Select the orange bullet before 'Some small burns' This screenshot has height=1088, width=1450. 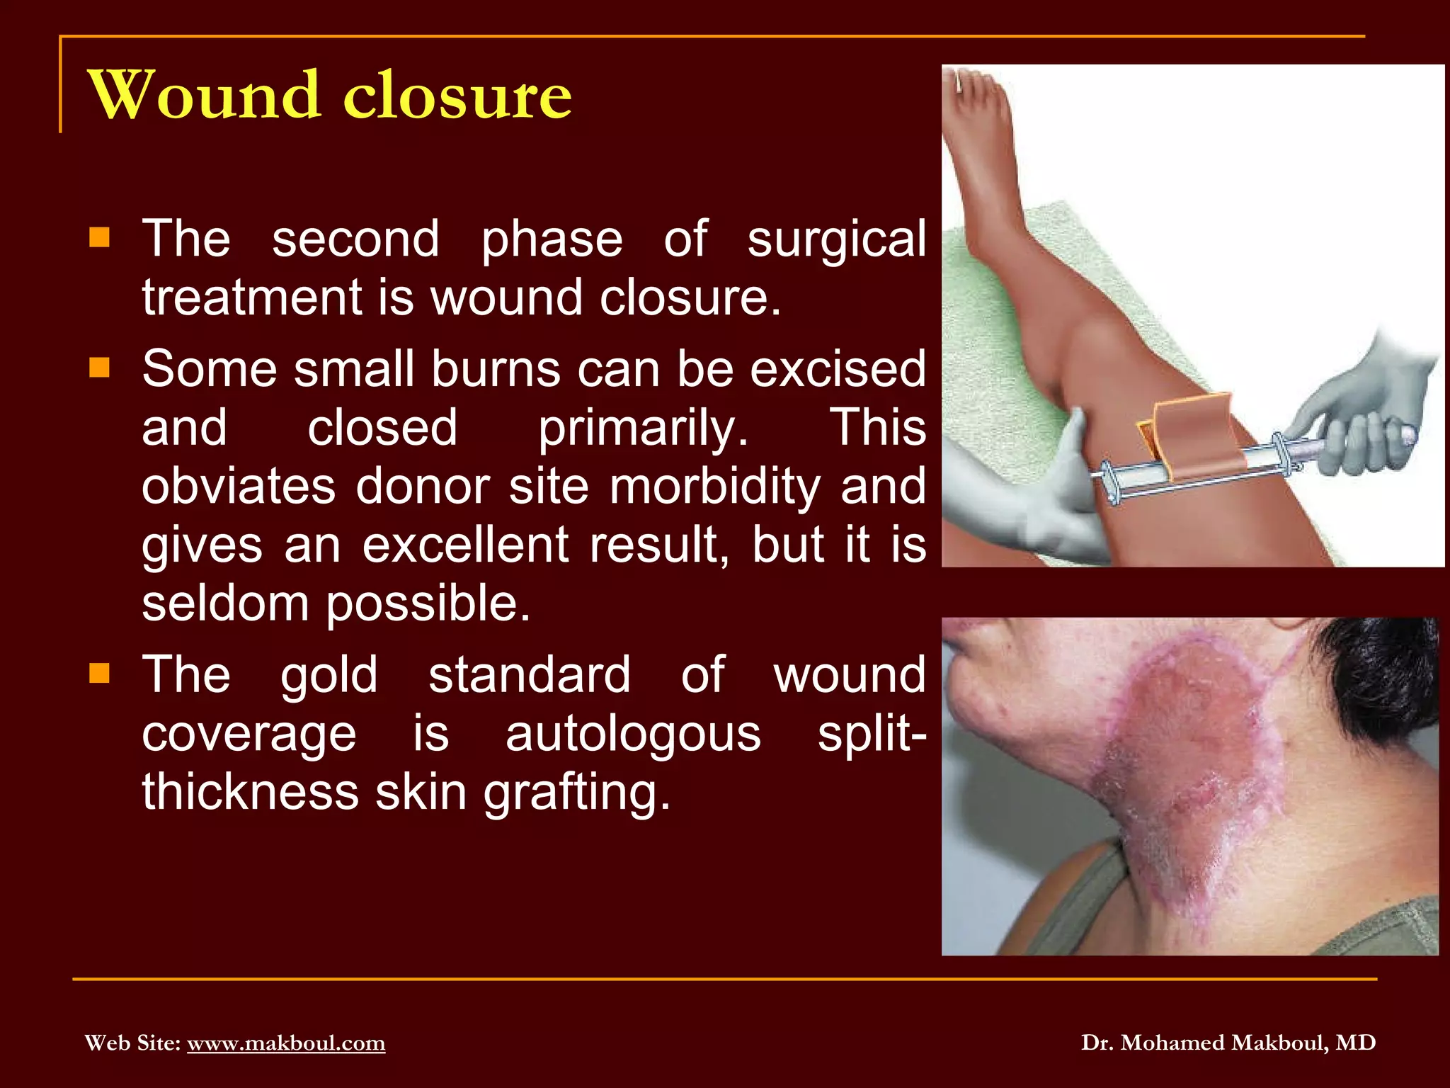(100, 368)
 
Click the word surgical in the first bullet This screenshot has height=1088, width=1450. (836, 239)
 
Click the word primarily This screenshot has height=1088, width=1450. (642, 429)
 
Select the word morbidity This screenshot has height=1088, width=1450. (714, 487)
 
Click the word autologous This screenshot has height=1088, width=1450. (633, 734)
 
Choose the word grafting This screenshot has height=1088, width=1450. (576, 793)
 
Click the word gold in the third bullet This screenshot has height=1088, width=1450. (329, 675)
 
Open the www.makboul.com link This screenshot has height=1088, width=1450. (286, 1043)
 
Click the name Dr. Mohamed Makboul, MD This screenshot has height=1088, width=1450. (1228, 1043)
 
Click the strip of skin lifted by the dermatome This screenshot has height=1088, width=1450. (1193, 436)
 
